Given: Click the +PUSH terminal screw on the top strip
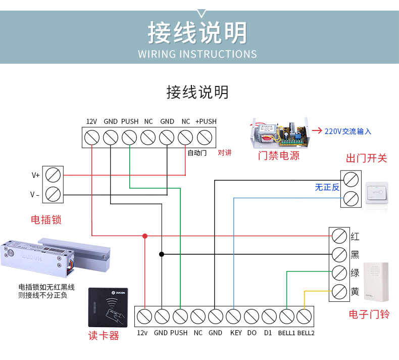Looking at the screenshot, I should tap(204, 137).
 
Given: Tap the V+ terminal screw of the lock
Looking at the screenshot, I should tap(54, 175).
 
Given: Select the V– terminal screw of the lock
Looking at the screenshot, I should tap(54, 194).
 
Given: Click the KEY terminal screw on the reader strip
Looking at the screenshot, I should tap(233, 317).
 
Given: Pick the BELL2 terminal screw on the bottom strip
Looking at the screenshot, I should tap(304, 317).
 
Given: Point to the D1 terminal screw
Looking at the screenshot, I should tap(269, 317).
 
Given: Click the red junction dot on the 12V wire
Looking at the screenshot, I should tap(145, 236).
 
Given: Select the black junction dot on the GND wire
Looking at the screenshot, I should tap(162, 254).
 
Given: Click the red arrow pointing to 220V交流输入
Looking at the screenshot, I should tap(317, 130).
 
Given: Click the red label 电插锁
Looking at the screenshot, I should tap(46, 220).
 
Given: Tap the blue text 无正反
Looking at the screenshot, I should tap(327, 187).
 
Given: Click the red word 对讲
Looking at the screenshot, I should tap(225, 153).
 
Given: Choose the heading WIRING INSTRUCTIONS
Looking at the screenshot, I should tap(197, 54).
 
